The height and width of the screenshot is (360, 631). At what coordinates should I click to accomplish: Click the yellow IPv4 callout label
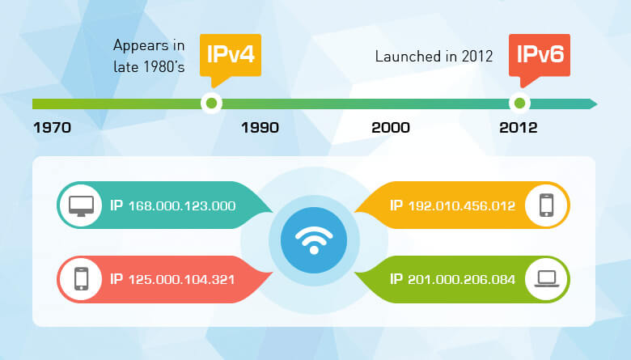230,56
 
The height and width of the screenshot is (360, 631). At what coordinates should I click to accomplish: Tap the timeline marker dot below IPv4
211,104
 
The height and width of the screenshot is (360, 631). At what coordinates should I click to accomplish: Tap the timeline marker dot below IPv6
519,104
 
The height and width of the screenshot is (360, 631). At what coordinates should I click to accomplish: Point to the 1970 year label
52,128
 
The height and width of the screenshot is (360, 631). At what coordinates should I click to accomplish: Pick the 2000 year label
390,128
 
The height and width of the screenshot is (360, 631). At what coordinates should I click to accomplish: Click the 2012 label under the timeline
519,128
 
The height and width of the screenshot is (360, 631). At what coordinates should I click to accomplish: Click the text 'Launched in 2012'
435,57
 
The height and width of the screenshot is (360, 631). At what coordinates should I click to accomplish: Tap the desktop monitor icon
81,205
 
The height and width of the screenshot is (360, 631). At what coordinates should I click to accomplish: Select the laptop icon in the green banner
547,279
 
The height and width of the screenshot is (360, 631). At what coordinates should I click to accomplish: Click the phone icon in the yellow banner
547,205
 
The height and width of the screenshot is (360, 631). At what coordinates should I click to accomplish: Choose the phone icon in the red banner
81,279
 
